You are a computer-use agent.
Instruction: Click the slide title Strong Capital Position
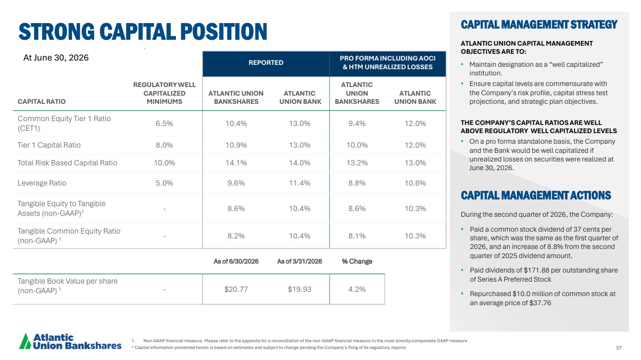tap(143, 31)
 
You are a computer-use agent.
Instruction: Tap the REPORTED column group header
tap(266, 62)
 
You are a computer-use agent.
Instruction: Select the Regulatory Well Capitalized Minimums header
tap(164, 93)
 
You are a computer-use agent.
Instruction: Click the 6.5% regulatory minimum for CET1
tap(164, 123)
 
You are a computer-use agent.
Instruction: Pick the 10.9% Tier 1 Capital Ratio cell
tap(236, 145)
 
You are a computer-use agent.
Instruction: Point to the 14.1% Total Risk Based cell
tap(236, 163)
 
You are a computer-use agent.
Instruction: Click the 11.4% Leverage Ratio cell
tap(300, 183)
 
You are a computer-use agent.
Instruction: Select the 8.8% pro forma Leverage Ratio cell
tap(357, 183)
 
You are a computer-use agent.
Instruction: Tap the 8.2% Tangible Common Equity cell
tap(236, 236)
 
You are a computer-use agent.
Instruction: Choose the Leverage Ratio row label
tap(42, 183)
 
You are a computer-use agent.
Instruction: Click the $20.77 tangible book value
tap(236, 289)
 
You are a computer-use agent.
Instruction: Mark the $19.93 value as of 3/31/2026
tap(300, 289)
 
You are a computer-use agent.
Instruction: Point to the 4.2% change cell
tap(357, 289)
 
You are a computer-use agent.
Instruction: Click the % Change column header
tap(357, 261)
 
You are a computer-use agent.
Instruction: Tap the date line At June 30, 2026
tap(56, 58)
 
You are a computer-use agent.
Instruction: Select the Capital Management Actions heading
tap(536, 195)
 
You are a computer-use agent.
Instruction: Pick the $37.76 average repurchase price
tap(540, 303)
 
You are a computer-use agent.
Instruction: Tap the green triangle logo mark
tap(25, 341)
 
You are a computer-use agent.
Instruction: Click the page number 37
tap(619, 348)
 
